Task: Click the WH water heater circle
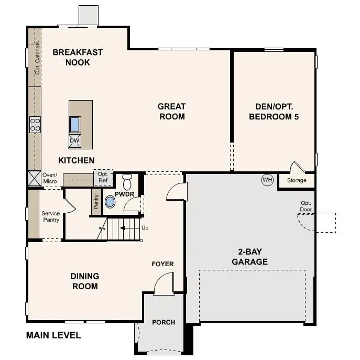click(x=268, y=180)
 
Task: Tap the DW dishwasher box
click(x=75, y=140)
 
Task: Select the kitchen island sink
click(x=75, y=124)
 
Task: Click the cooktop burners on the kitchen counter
click(x=35, y=124)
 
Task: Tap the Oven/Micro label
click(x=50, y=178)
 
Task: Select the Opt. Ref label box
click(x=102, y=178)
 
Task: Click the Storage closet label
click(x=297, y=180)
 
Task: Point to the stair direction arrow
click(x=126, y=228)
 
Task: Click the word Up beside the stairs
click(x=145, y=228)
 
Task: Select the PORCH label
click(x=163, y=322)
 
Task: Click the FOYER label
click(x=162, y=264)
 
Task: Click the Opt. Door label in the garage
click(x=306, y=206)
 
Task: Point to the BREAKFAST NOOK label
click(x=78, y=57)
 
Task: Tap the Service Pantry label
click(x=51, y=216)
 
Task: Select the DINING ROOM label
click(x=84, y=281)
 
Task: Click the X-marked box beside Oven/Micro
click(x=35, y=178)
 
